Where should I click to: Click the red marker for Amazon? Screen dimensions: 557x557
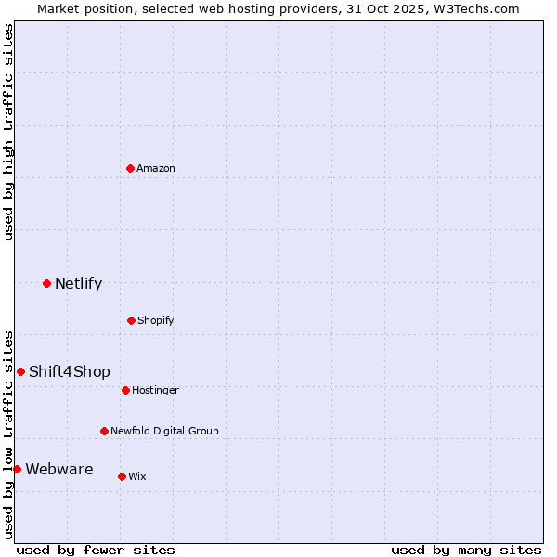[x=131, y=168]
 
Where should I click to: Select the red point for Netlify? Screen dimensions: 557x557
[x=46, y=283]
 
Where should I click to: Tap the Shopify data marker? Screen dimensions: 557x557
[x=131, y=320]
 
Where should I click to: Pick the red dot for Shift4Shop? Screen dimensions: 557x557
[x=20, y=371]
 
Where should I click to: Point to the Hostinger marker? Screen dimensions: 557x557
[x=125, y=390]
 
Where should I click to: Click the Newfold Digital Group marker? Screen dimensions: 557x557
[x=104, y=431]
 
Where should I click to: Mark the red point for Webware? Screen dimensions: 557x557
[x=17, y=469]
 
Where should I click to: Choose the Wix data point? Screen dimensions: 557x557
[x=122, y=476]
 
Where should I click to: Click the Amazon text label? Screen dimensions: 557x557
[x=156, y=168]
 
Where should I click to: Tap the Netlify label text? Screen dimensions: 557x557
[x=78, y=283]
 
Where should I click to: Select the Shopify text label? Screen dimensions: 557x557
[x=156, y=320]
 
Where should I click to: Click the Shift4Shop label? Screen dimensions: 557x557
[x=70, y=371]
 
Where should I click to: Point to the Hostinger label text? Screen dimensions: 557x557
[x=155, y=390]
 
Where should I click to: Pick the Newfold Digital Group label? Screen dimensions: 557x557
[x=164, y=431]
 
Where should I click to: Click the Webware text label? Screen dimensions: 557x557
[x=59, y=469]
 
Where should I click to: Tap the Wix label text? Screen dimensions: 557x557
[x=137, y=476]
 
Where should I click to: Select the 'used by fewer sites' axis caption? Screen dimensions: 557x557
[x=96, y=550]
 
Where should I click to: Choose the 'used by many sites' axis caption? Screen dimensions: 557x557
[x=466, y=550]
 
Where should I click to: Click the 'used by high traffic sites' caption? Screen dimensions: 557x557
[x=8, y=132]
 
